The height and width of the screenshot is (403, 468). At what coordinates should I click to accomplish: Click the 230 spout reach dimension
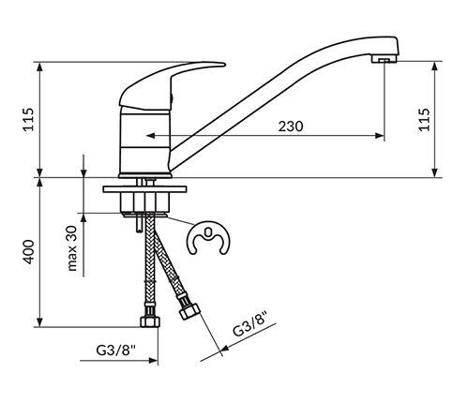click(292, 127)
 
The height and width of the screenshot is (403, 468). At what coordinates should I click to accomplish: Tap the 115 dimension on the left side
click(27, 119)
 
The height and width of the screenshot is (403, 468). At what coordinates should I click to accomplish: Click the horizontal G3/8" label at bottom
click(117, 351)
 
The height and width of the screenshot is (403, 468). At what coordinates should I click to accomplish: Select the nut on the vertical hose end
click(148, 322)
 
